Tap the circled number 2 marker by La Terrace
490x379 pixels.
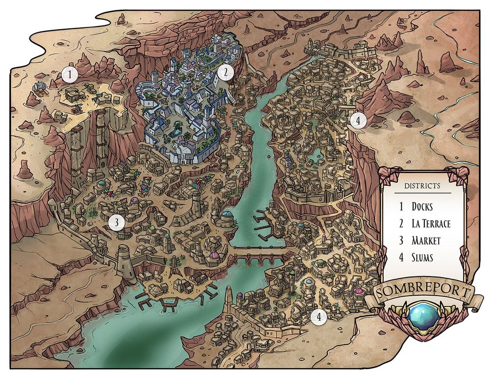coord(225,73)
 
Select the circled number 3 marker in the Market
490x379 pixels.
coord(116,223)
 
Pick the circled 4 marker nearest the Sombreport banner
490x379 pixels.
coord(318,317)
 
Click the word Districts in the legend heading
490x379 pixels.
coord(422,186)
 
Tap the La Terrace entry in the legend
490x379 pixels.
coord(431,224)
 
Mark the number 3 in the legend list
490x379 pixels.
coord(401,240)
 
